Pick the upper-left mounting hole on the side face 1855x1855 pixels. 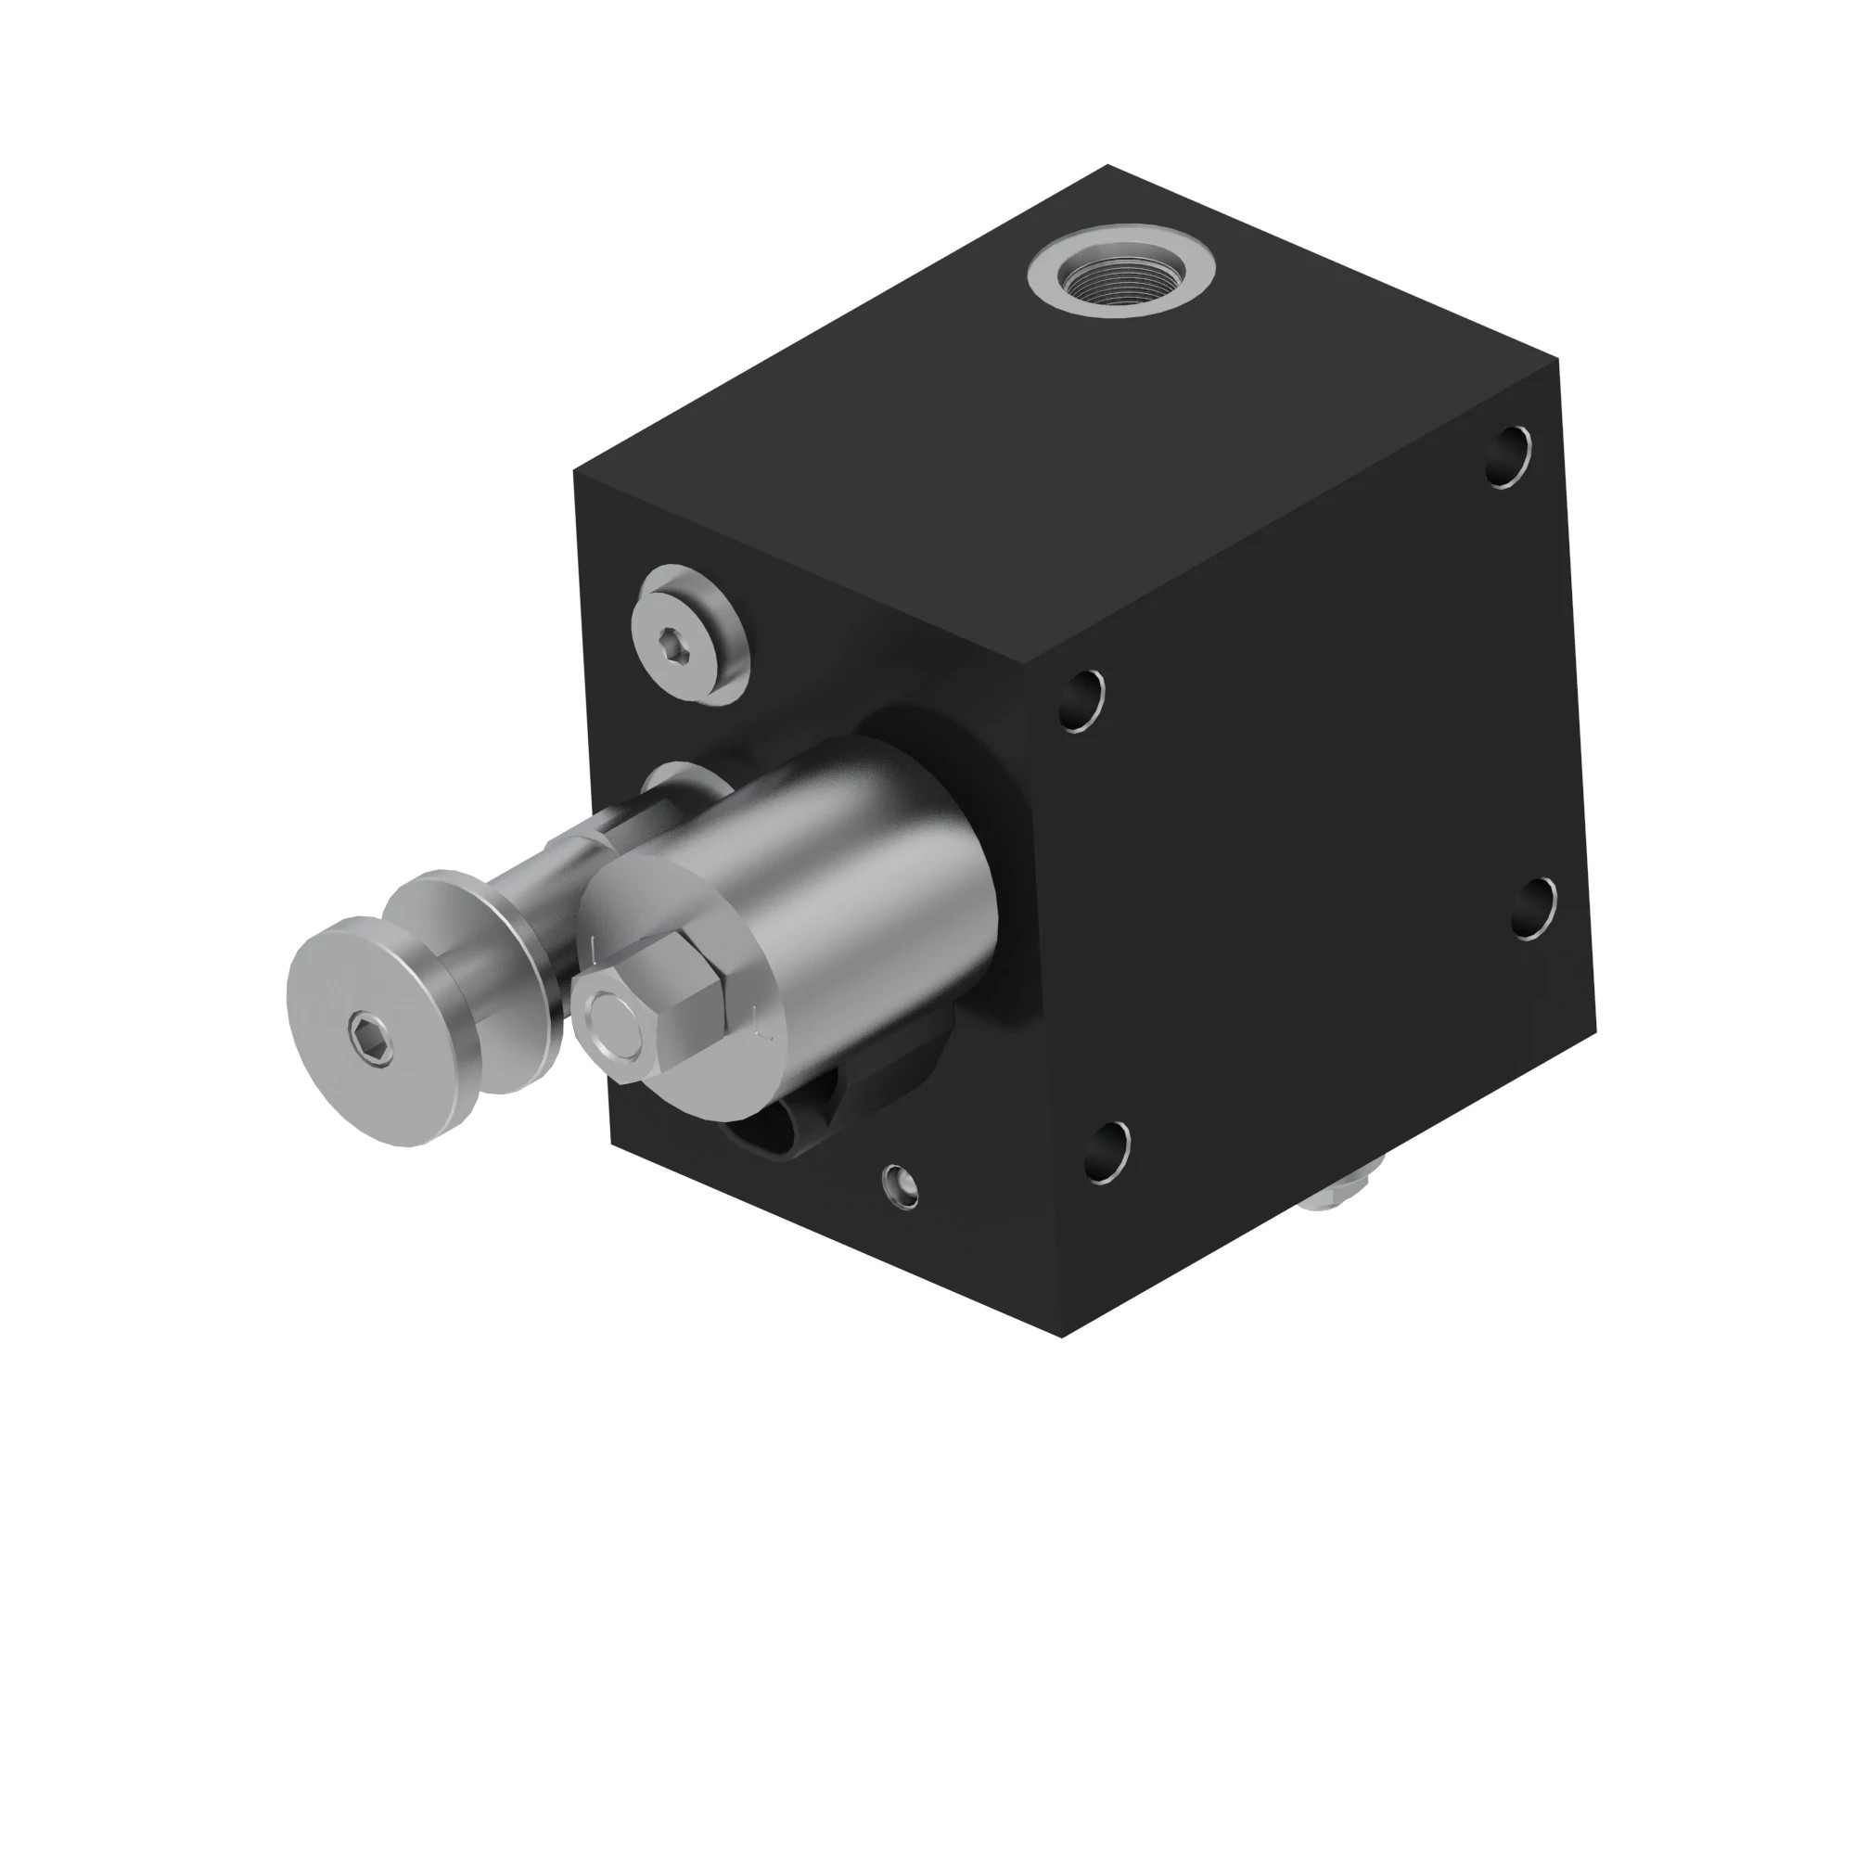click(1083, 701)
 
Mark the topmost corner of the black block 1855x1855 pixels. click(1109, 165)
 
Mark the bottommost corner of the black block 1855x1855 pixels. click(1063, 1336)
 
